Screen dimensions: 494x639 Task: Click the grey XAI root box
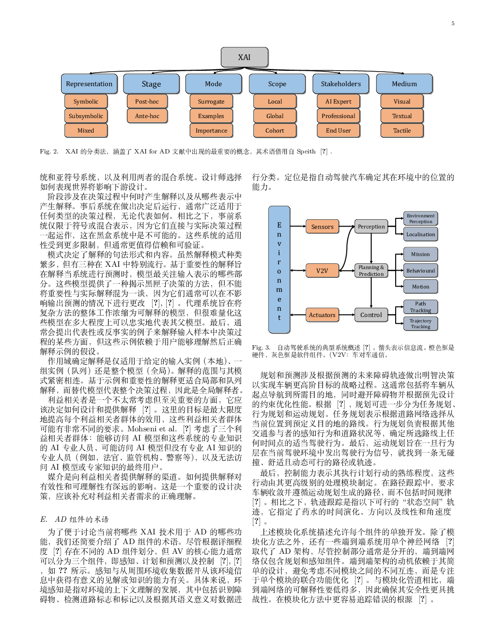tap(244, 57)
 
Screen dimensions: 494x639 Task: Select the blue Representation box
tap(89, 84)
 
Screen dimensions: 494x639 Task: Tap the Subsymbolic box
tap(86, 116)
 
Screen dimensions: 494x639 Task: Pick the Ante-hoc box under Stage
tap(147, 116)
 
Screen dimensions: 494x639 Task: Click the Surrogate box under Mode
tap(211, 102)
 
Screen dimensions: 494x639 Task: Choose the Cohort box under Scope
tap(275, 131)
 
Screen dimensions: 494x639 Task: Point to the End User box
tap(339, 131)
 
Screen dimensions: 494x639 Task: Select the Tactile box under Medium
tap(402, 131)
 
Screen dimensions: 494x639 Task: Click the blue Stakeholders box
tap(340, 84)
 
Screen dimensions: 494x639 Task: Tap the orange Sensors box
tap(323, 227)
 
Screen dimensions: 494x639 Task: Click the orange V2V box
tap(322, 271)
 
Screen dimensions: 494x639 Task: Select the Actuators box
tap(322, 315)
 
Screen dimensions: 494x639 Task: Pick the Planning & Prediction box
tap(371, 271)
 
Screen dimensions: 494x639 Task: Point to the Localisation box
tap(420, 234)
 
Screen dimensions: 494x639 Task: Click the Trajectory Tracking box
tap(420, 323)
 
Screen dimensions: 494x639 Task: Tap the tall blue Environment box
tap(279, 270)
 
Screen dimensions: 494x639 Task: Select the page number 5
tap(453, 24)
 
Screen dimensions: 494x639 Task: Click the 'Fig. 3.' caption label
tap(261, 348)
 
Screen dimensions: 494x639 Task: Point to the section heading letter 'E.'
tap(44, 519)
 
